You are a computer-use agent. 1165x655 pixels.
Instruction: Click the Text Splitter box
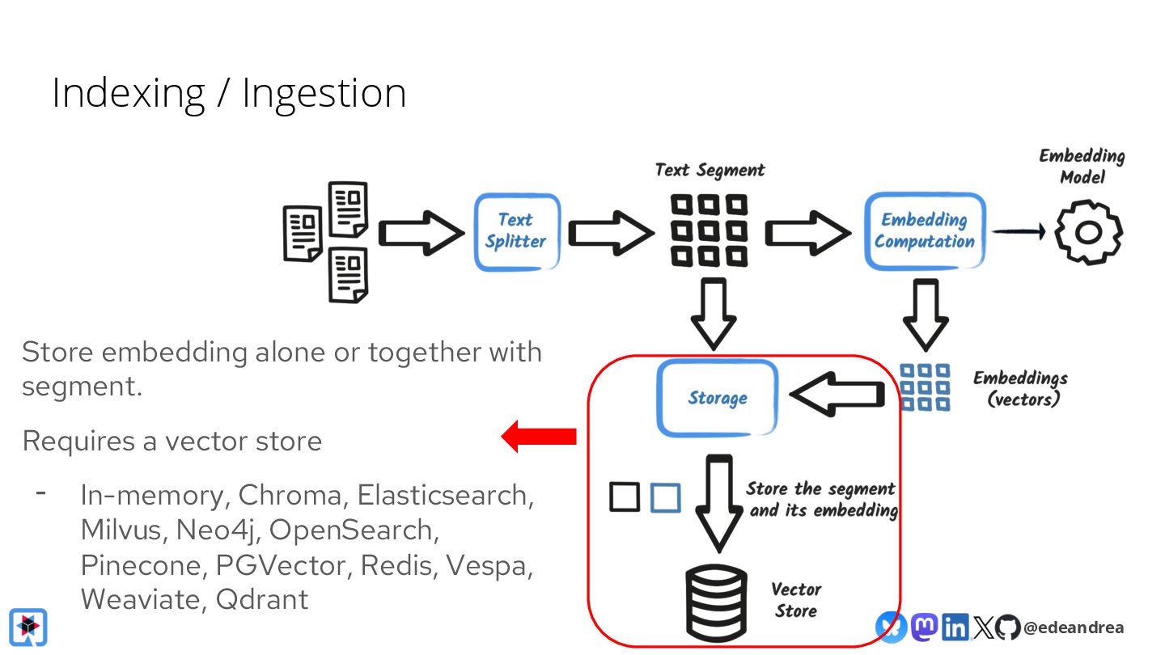pyautogui.click(x=517, y=232)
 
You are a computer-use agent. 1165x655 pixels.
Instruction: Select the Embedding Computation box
pyautogui.click(x=925, y=231)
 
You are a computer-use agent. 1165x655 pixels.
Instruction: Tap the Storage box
pyautogui.click(x=717, y=398)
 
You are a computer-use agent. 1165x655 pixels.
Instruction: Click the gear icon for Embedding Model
pyautogui.click(x=1089, y=232)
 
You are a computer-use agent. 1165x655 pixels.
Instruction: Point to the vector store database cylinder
pyautogui.click(x=716, y=603)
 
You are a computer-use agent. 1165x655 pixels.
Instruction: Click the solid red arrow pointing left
pyautogui.click(x=539, y=436)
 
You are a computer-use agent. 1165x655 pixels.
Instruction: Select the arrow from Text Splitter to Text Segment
pyautogui.click(x=611, y=233)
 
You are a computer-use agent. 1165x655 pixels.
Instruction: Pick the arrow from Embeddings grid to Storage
pyautogui.click(x=837, y=394)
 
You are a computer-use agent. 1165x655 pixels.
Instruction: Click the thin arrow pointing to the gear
pyautogui.click(x=1019, y=231)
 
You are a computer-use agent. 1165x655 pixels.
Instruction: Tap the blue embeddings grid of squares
pyautogui.click(x=925, y=387)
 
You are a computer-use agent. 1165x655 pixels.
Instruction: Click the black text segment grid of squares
pyautogui.click(x=709, y=230)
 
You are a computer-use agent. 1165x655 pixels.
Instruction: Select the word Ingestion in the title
pyautogui.click(x=324, y=95)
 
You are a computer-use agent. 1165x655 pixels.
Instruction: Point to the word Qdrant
pyautogui.click(x=261, y=599)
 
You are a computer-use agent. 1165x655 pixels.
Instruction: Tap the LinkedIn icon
pyautogui.click(x=955, y=628)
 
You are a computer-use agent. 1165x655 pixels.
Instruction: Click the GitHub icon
pyautogui.click(x=1007, y=628)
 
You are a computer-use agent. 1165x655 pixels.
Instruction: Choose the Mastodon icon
pyautogui.click(x=924, y=627)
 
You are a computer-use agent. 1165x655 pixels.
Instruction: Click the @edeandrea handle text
pyautogui.click(x=1074, y=628)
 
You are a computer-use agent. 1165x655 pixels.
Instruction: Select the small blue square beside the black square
pyautogui.click(x=666, y=497)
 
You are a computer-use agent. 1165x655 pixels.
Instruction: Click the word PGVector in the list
pyautogui.click(x=281, y=565)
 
